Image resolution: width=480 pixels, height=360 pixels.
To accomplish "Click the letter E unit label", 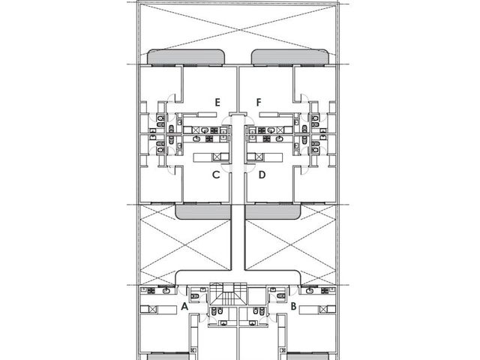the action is coord(217,102).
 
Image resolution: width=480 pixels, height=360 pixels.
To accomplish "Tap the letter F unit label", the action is coord(259,102).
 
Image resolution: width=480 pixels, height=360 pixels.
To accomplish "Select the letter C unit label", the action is coord(216,175).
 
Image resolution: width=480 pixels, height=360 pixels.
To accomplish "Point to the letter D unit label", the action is coord(262,175).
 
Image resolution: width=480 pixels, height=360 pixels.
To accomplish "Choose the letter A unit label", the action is coord(184,306).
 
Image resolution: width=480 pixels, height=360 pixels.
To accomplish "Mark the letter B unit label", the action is coord(293,306).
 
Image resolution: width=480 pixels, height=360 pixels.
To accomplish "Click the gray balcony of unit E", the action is coord(187,57).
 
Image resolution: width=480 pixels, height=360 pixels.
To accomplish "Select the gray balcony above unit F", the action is coord(290,57).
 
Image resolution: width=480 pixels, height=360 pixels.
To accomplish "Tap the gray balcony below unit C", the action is coord(203,212).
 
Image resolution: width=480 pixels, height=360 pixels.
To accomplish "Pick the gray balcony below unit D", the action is coord(273,212).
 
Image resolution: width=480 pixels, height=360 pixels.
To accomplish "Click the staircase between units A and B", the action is coord(228,295).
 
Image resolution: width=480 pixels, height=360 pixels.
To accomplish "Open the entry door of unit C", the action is coord(226,168).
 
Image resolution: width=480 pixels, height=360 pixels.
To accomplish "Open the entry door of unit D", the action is coord(250,168).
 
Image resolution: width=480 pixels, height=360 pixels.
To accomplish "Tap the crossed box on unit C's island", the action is coord(217,157).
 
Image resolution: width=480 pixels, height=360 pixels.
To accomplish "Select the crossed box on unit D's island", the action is coord(259,157).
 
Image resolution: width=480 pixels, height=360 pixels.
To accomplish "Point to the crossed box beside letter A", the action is coord(153,310).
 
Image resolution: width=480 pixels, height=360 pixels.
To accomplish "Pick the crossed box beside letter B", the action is coord(323,310).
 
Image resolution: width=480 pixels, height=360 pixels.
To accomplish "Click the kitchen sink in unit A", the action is coord(166,290).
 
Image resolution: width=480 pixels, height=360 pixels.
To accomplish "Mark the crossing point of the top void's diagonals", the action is coord(238,30).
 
